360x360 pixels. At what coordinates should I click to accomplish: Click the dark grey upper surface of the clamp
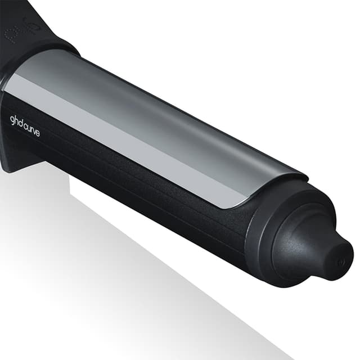click(169, 112)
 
